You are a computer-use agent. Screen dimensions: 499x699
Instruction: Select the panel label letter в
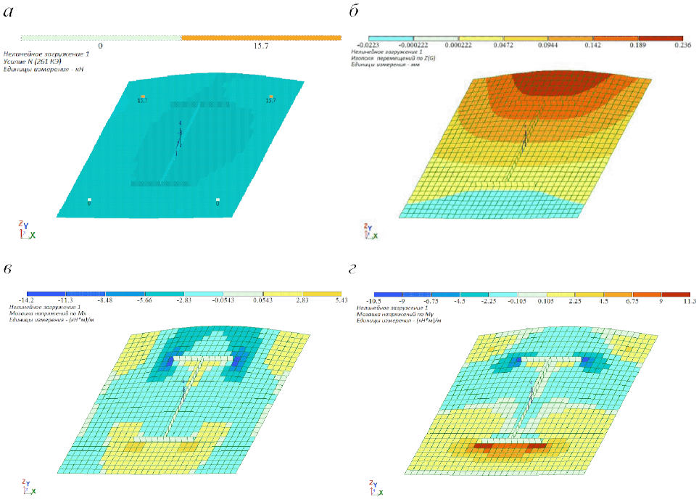pos(9,271)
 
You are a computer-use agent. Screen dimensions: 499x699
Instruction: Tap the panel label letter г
pos(354,271)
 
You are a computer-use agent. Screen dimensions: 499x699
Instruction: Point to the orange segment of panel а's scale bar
pos(261,36)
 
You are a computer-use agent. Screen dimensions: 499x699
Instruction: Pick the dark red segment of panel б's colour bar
pos(660,37)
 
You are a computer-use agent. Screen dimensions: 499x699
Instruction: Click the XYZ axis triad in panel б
pos(366,231)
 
